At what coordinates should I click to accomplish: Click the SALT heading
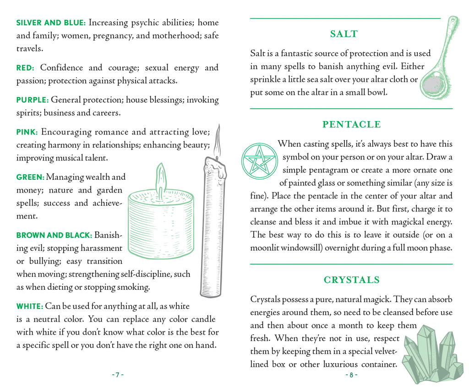coord(344,34)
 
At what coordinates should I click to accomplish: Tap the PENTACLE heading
coord(351,124)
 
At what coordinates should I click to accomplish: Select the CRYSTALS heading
coord(351,280)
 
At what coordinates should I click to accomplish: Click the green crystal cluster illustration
coord(431,355)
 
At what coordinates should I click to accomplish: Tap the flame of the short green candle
coord(160,177)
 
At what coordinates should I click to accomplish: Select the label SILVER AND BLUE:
coord(51,22)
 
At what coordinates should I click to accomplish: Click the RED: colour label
coord(26,68)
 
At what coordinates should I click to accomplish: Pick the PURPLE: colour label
coord(32,100)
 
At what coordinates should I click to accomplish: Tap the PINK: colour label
coord(27,132)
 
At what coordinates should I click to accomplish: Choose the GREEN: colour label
coord(30,177)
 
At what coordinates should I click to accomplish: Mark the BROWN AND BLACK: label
coord(54,235)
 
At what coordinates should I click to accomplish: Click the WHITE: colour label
coord(30,306)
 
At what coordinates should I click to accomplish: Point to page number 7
coord(117,375)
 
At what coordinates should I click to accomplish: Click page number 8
coord(351,375)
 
